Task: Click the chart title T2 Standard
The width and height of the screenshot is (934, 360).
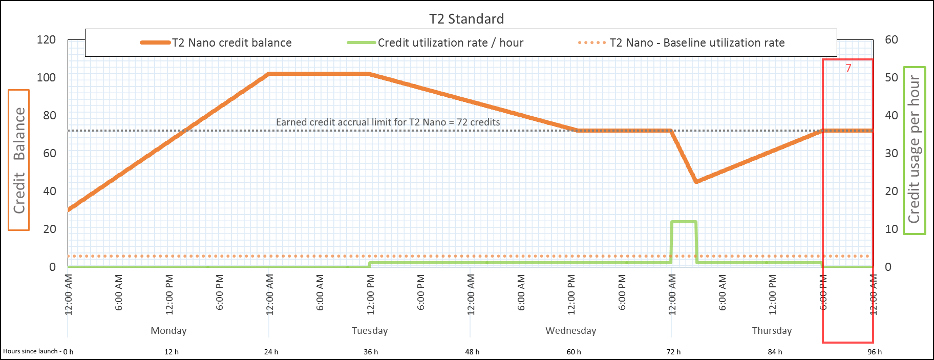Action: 466,19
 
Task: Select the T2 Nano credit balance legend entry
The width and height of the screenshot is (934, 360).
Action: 231,43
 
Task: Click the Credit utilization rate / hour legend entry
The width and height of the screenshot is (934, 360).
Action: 450,43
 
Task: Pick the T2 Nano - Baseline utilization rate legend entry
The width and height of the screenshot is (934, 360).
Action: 696,43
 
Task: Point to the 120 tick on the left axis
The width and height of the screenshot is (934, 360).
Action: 46,40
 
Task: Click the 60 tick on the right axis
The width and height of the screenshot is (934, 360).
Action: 891,40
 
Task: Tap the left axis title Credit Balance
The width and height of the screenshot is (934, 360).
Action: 19,160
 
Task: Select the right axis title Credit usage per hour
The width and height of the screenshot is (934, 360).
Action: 914,150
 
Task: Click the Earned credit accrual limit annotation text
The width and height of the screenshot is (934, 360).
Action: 388,122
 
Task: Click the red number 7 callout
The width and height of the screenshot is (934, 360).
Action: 848,68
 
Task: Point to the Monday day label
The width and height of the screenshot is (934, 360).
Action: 168,330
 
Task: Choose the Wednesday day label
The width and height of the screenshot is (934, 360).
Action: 570,330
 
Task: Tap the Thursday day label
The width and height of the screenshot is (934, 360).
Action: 772,330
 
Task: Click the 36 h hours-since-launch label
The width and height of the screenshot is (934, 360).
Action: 371,352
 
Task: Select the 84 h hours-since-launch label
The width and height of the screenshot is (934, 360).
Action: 775,352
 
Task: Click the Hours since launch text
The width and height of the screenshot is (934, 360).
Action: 31,351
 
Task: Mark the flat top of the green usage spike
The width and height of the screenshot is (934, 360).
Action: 684,222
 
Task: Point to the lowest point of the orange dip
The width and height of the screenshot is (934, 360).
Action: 696,182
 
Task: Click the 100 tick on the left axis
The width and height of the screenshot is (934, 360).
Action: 46,78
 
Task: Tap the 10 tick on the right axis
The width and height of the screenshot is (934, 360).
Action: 891,229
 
